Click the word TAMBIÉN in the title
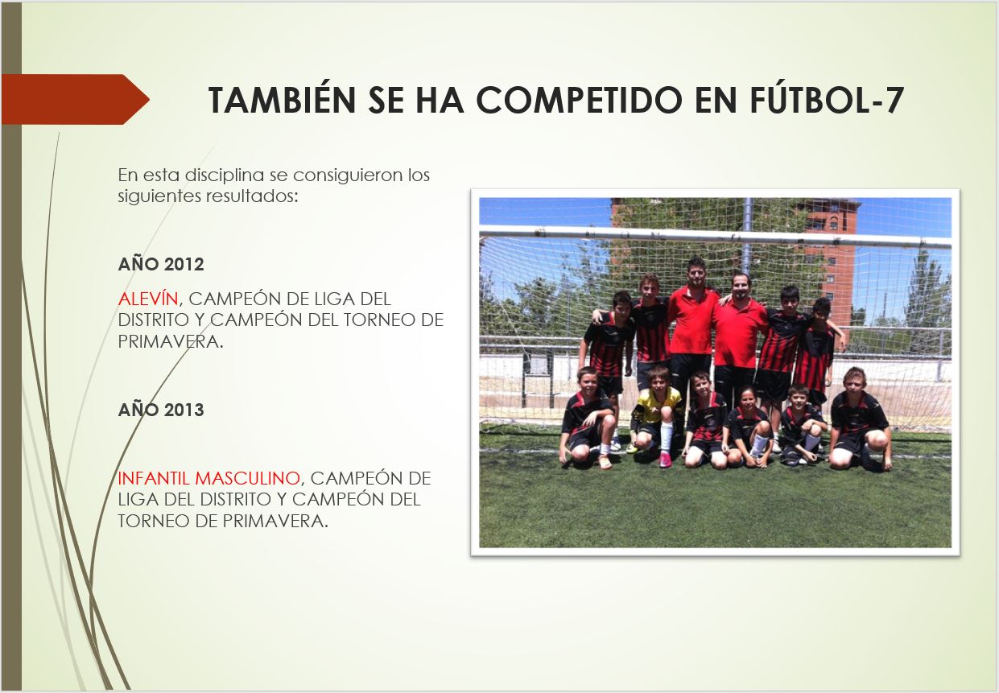(282, 99)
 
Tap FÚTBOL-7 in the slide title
(827, 99)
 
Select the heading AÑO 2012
(161, 264)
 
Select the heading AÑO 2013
(161, 410)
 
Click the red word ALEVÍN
(148, 299)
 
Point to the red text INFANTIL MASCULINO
(209, 478)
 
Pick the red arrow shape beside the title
(75, 99)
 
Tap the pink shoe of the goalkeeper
(665, 460)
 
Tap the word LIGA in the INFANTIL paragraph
(137, 499)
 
